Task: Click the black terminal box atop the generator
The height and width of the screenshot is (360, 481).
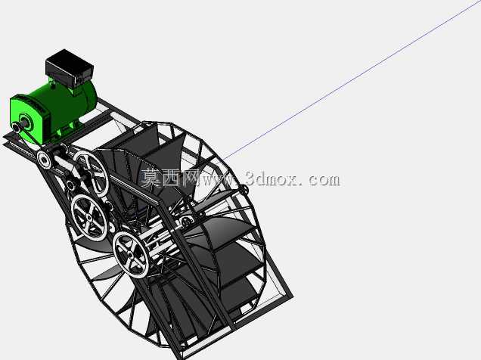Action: (x=70, y=68)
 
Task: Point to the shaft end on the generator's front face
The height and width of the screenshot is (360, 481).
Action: (x=17, y=127)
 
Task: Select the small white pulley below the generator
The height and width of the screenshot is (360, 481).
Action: (x=44, y=160)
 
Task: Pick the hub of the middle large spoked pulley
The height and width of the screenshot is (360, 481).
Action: (x=89, y=217)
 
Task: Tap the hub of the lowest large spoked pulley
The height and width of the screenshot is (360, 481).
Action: (x=131, y=255)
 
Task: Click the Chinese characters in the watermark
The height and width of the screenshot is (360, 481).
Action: (x=169, y=178)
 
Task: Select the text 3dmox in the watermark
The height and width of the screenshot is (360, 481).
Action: (x=272, y=178)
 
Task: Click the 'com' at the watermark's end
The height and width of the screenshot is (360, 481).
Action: (x=324, y=180)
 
